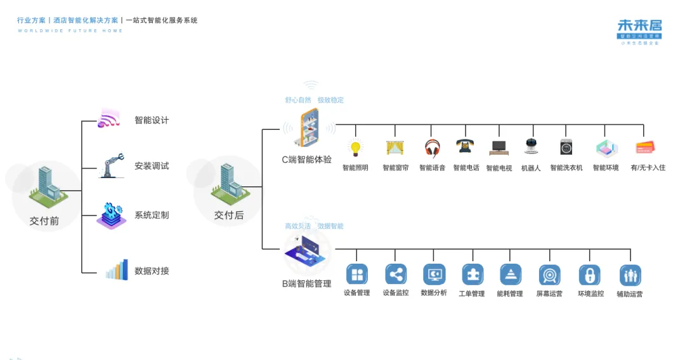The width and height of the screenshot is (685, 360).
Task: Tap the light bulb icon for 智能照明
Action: pos(355,148)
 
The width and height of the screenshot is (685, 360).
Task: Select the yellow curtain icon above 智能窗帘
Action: pos(395,148)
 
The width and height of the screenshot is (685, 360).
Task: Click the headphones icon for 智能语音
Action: pos(432,148)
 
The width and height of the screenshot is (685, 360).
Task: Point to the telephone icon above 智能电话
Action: pos(466,146)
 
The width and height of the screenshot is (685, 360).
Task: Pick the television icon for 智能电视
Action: pos(499,148)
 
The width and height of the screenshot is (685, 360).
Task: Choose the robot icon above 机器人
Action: pos(531,146)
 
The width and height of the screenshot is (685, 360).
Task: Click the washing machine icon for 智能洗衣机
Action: pos(566,147)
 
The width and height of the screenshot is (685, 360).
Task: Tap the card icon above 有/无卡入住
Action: pos(644,148)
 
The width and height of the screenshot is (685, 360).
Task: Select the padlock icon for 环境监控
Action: pos(589,275)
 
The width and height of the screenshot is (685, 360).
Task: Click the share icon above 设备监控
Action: pos(396,274)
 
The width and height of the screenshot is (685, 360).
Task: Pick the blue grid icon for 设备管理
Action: pos(356,274)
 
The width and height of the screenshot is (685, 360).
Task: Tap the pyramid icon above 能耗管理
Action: pos(510,274)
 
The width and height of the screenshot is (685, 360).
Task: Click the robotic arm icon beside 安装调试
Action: pos(111,165)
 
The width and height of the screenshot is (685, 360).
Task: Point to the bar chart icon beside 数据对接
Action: pos(117,270)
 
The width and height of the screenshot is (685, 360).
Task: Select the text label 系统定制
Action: pos(152,215)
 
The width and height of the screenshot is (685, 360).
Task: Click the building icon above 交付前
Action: pos(44,186)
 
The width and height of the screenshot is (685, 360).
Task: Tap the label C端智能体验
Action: pos(307,160)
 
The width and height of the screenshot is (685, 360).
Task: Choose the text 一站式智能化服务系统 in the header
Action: pos(162,20)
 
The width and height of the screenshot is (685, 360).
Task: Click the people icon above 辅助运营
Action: pos(630,275)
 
